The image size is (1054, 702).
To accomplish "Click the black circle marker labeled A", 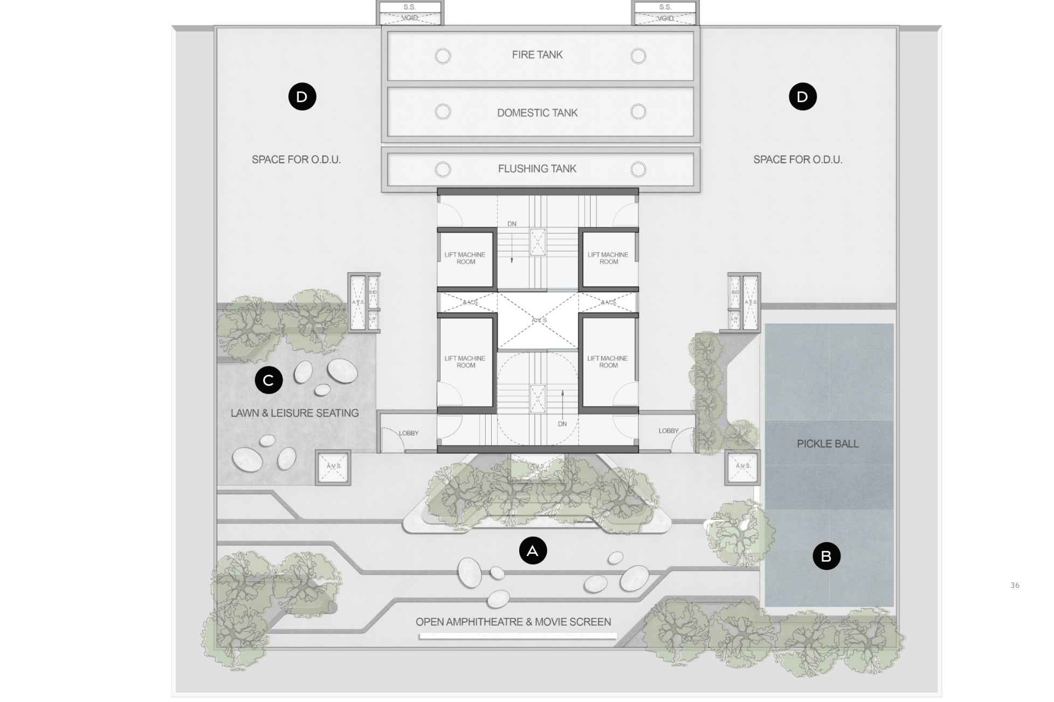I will (x=533, y=551).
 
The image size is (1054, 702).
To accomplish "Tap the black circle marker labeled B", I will (x=826, y=556).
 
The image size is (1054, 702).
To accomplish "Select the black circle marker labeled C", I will (x=268, y=380).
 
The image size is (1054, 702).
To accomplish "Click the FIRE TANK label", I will (x=537, y=55).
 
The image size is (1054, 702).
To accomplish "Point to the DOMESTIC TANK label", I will (x=537, y=113).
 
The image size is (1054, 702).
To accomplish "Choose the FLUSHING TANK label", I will (x=537, y=169).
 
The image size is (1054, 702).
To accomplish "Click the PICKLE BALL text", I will (x=828, y=444).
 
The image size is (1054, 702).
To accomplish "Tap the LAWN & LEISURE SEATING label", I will (x=294, y=413).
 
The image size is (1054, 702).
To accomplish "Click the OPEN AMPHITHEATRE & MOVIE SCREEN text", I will (x=513, y=622).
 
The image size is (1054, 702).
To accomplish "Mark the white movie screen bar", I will (x=518, y=636).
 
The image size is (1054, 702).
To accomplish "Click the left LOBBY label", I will (x=409, y=433).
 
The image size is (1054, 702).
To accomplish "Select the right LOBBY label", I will (x=669, y=431).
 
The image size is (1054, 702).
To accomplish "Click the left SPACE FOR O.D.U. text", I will (x=296, y=160).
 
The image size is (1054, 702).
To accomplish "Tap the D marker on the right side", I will (x=802, y=97).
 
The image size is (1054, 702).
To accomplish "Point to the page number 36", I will (x=1015, y=585).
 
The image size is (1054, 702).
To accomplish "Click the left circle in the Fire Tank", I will (x=443, y=56).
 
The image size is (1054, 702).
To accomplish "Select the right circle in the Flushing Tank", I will (x=638, y=170).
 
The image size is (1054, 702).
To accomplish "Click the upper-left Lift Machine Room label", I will (x=465, y=258).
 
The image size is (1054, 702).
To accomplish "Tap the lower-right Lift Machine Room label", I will (x=608, y=362).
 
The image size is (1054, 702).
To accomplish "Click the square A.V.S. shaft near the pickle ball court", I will (x=742, y=467).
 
